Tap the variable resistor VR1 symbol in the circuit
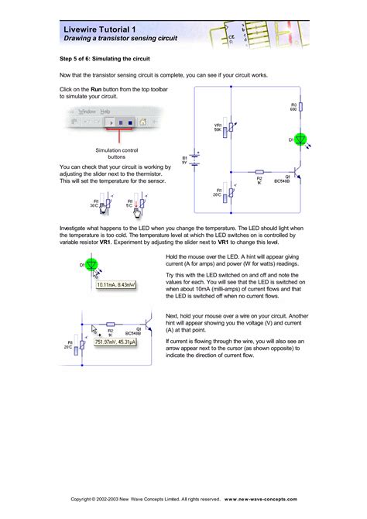229,128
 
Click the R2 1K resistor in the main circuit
259,172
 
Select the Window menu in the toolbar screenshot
85,112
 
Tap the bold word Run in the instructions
97,90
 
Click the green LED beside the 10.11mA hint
91,266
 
